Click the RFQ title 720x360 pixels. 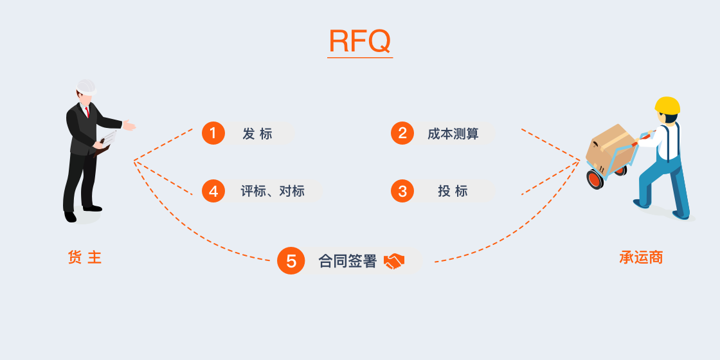click(359, 41)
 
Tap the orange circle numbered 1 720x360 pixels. click(213, 133)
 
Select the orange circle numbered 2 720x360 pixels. click(402, 133)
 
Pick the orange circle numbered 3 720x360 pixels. click(402, 191)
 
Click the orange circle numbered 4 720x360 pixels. click(213, 191)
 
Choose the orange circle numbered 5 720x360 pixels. click(291, 261)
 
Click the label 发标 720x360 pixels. click(257, 134)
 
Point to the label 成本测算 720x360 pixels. click(453, 134)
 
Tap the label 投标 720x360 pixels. click(453, 191)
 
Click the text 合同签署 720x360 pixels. click(347, 261)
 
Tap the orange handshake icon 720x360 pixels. click(394, 261)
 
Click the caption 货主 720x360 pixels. click(85, 258)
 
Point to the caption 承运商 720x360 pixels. click(640, 258)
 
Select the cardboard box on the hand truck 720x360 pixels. click(607, 148)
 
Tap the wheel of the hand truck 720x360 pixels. click(595, 179)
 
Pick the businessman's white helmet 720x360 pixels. click(86, 87)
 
